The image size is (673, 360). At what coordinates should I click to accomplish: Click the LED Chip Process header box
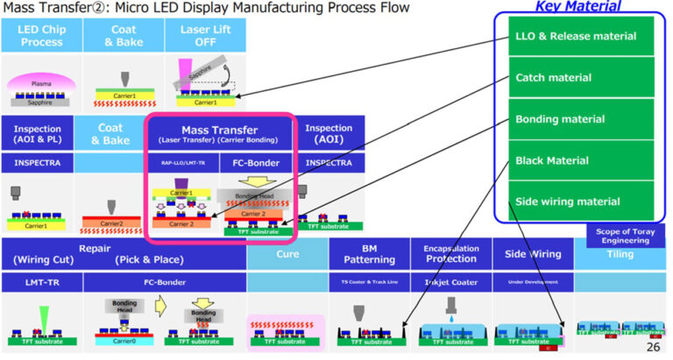41,36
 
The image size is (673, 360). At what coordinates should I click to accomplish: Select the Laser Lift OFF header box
205,36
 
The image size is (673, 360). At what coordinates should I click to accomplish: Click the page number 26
652,348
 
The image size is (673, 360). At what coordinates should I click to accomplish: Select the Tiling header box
622,254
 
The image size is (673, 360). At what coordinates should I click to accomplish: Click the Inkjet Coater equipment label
450,282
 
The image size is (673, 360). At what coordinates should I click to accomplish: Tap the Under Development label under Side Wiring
532,282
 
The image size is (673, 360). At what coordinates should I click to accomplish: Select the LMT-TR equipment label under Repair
41,282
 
